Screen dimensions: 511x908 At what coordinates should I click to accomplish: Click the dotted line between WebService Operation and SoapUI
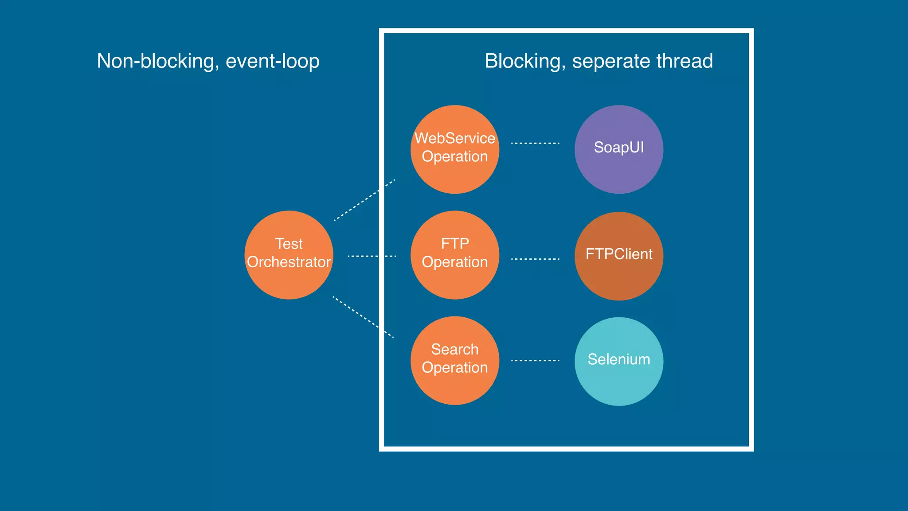tap(535, 143)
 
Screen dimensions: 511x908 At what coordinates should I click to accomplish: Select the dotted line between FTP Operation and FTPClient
tap(535, 259)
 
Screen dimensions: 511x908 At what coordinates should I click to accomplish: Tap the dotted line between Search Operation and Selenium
tap(535, 361)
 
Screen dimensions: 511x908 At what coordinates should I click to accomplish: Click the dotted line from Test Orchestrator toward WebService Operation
tap(364, 200)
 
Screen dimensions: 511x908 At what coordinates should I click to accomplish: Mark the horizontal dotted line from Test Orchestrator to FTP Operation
tap(372, 256)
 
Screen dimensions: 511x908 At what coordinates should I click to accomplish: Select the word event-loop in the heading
tap(272, 61)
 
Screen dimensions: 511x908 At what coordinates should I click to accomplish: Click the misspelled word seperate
tap(611, 61)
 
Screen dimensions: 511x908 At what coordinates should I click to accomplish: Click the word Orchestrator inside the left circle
tap(289, 262)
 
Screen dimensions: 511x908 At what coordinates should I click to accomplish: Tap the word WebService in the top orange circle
tap(454, 138)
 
